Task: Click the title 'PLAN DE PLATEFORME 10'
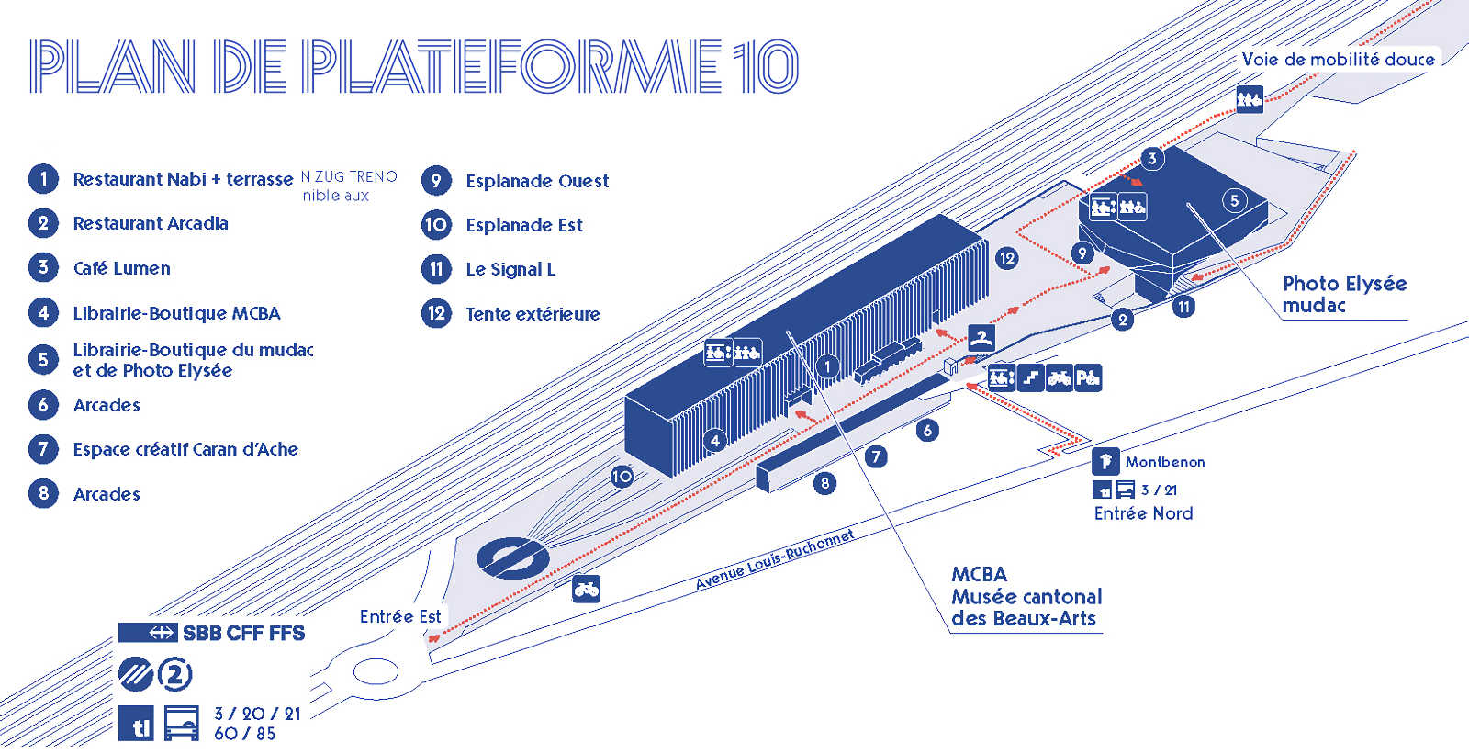pyautogui.click(x=413, y=66)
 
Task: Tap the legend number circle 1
pyautogui.click(x=43, y=178)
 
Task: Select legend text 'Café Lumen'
pyautogui.click(x=121, y=268)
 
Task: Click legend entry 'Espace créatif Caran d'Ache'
pyautogui.click(x=185, y=449)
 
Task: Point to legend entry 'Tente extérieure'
pyautogui.click(x=533, y=314)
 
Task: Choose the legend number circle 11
pyautogui.click(x=436, y=269)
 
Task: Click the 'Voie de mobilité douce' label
pyautogui.click(x=1338, y=60)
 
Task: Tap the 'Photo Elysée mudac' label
pyautogui.click(x=1343, y=294)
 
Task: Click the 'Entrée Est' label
pyautogui.click(x=400, y=616)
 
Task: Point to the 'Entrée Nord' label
pyautogui.click(x=1143, y=513)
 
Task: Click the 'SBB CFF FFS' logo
pyautogui.click(x=212, y=633)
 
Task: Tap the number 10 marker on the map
pyautogui.click(x=622, y=476)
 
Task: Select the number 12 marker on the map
pyautogui.click(x=1006, y=258)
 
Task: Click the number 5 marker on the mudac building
pyautogui.click(x=1234, y=200)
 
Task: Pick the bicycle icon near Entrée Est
pyautogui.click(x=586, y=589)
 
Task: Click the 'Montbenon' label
pyautogui.click(x=1165, y=462)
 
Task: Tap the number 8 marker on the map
pyautogui.click(x=824, y=482)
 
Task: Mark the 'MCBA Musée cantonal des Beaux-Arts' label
pyautogui.click(x=1025, y=596)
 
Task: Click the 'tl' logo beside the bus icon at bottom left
pyautogui.click(x=137, y=724)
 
